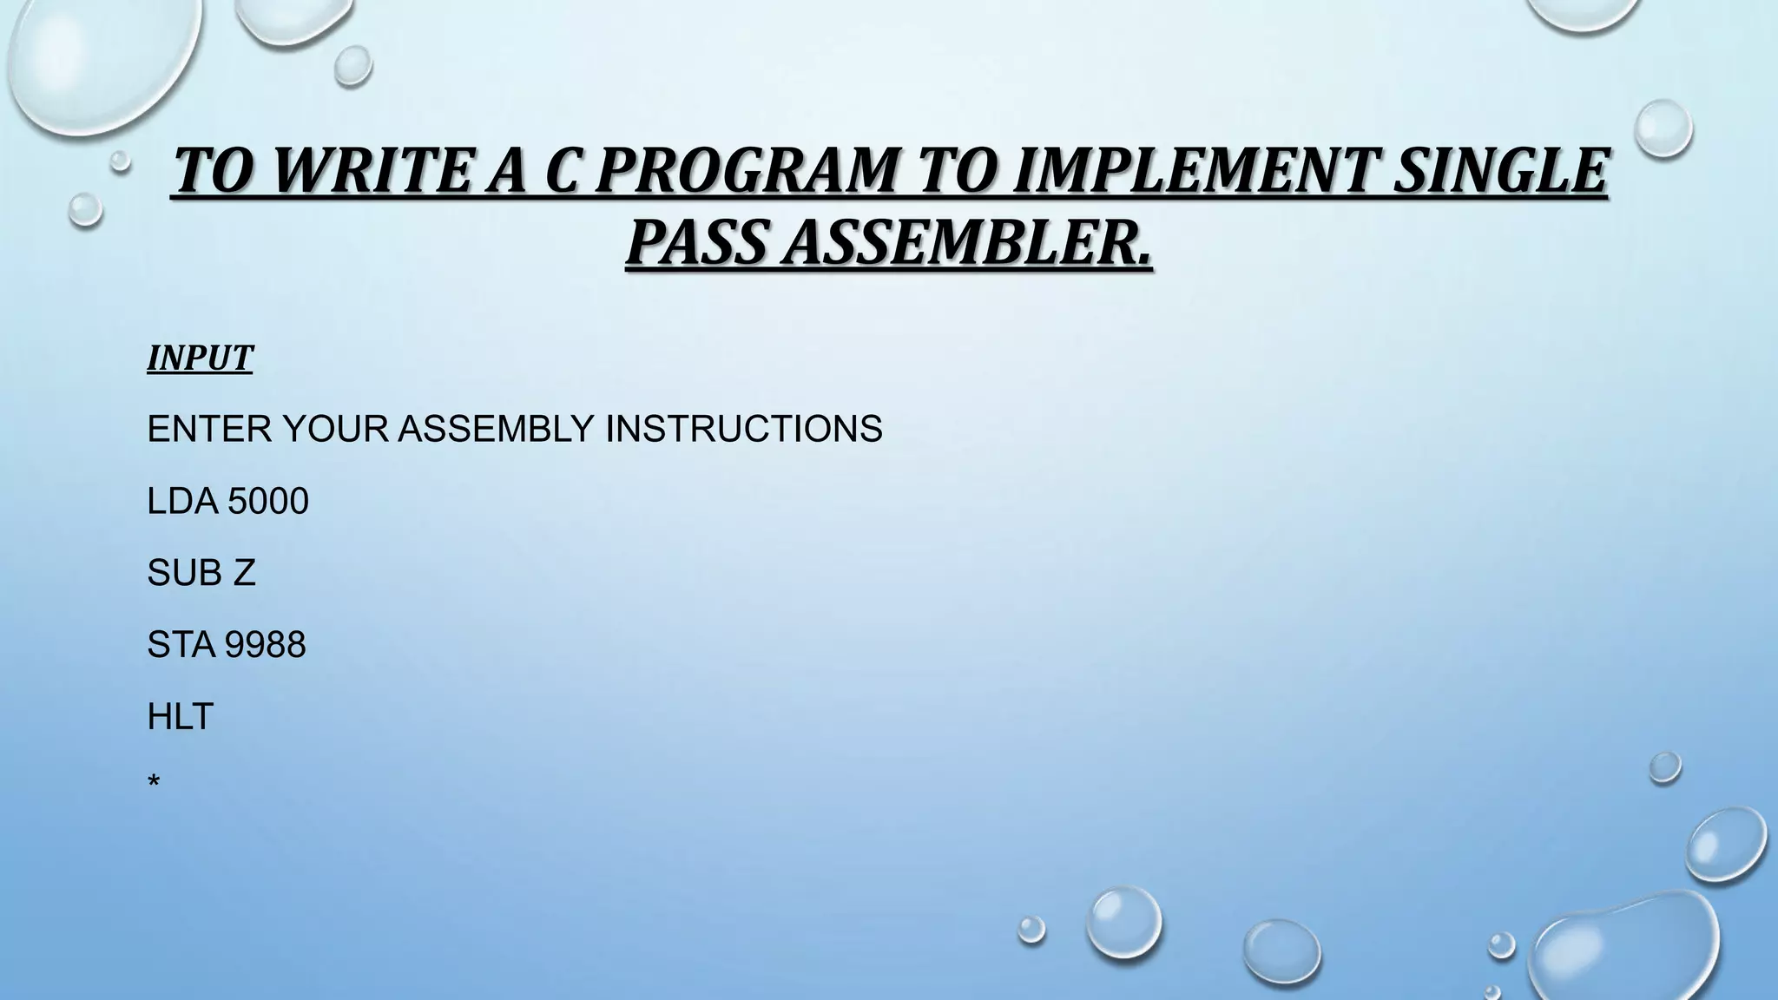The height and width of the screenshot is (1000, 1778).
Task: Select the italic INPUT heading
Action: coord(200,358)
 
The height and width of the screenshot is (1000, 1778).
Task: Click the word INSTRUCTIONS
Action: coord(743,429)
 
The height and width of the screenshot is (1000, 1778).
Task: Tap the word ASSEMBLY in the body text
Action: coord(497,429)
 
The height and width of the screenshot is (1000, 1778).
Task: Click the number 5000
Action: coord(267,502)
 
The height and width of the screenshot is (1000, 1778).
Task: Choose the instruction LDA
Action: coord(182,502)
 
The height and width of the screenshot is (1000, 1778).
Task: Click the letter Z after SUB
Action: coord(245,573)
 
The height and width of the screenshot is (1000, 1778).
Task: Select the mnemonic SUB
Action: coord(182,573)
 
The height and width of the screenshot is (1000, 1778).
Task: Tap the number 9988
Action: coord(266,645)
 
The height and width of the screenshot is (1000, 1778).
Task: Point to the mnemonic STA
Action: coord(181,645)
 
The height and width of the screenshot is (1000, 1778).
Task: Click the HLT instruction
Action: coord(180,717)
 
